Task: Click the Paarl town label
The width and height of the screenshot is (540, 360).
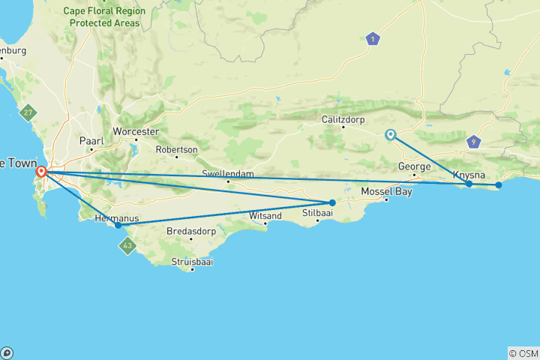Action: point(92,140)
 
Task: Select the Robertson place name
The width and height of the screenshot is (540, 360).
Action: point(177,149)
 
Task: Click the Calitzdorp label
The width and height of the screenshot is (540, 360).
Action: point(343,118)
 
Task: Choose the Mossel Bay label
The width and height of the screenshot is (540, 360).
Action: point(387,190)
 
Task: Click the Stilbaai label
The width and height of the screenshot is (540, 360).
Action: point(317,213)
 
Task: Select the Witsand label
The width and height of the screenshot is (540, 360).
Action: point(265,216)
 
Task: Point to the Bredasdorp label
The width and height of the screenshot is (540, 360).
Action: point(191,231)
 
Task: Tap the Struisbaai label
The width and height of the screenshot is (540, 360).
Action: point(193,261)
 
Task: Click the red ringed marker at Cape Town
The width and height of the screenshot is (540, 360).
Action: point(42,172)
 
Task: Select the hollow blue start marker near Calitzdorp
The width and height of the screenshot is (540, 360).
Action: point(390,135)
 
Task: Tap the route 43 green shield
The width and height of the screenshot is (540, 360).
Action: point(128,245)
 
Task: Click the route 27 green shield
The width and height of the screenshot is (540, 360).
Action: point(28,112)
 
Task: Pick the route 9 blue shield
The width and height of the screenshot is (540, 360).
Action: point(472,141)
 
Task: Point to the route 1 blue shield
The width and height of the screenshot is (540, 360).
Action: point(373,39)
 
